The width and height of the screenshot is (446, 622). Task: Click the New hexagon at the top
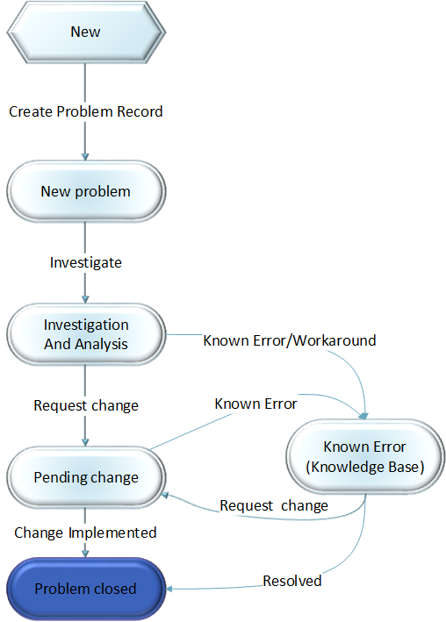click(x=85, y=32)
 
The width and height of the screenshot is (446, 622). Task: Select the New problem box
click(x=85, y=191)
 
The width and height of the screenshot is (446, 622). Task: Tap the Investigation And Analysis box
click(x=85, y=334)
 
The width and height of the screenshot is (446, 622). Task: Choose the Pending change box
click(x=85, y=477)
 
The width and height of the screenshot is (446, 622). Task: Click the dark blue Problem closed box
click(x=85, y=588)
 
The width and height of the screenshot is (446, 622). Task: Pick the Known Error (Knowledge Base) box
click(x=364, y=457)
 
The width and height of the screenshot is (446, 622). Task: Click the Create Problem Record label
click(x=85, y=111)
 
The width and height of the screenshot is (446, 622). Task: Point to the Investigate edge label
click(x=85, y=262)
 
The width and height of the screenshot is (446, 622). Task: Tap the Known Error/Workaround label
click(x=290, y=340)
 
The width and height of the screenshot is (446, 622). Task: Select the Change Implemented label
click(x=85, y=533)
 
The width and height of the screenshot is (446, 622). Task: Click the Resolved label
click(x=292, y=581)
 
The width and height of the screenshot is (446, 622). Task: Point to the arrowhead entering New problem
click(x=85, y=156)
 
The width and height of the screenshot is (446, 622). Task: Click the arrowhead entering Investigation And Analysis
click(x=85, y=298)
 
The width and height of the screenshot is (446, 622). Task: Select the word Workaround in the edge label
click(x=337, y=340)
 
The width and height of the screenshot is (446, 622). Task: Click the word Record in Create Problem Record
click(x=140, y=111)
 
